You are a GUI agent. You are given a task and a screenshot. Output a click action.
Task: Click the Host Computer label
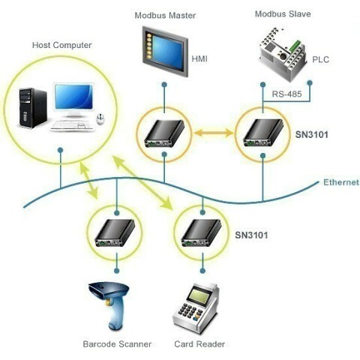[62, 45]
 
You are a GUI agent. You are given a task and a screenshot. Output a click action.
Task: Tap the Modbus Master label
[165, 16]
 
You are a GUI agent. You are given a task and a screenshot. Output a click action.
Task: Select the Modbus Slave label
[283, 13]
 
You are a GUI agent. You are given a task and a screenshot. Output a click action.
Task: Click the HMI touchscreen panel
[165, 51]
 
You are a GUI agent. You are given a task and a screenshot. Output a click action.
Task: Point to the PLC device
[283, 54]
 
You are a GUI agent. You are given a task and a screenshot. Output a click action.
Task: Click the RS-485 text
[286, 94]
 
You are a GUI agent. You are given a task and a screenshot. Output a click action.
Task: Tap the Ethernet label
[341, 182]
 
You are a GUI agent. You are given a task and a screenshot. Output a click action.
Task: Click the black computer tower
[33, 108]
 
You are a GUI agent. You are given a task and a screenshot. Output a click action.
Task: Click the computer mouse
[100, 119]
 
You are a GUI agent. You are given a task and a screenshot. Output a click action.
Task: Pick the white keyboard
[73, 125]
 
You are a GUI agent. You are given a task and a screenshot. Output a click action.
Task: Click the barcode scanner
[109, 306]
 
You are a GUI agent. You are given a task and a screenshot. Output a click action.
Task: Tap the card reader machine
[196, 307]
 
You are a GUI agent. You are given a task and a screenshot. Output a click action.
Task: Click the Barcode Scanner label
[117, 344]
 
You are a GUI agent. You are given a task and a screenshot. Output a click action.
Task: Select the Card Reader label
[199, 344]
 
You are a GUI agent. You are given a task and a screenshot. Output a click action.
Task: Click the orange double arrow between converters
[214, 133]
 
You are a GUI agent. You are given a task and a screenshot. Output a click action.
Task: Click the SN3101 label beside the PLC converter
[312, 135]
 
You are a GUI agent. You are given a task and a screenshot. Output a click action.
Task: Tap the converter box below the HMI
[164, 133]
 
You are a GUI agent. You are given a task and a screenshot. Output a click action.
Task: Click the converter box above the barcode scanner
[115, 233]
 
